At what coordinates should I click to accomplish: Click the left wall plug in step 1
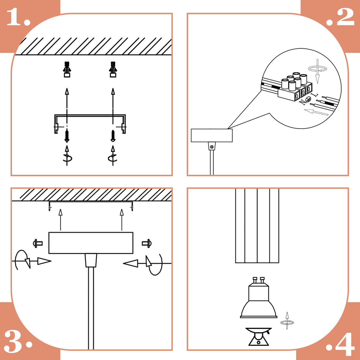click(x=67, y=69)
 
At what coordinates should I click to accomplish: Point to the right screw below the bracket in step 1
click(x=113, y=136)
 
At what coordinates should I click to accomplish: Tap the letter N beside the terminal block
click(x=302, y=102)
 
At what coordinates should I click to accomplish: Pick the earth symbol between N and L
click(x=308, y=99)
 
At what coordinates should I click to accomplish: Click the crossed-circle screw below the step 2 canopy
click(x=212, y=147)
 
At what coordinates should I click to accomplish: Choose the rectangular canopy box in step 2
click(x=212, y=135)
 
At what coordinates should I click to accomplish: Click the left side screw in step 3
click(x=38, y=243)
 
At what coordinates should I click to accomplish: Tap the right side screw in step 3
click(x=147, y=243)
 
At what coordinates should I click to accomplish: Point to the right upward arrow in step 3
click(x=122, y=220)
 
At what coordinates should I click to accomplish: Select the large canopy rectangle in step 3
click(x=91, y=243)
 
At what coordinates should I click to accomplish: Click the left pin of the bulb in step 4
click(x=255, y=280)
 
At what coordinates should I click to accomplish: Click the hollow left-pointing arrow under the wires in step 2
click(x=316, y=112)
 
